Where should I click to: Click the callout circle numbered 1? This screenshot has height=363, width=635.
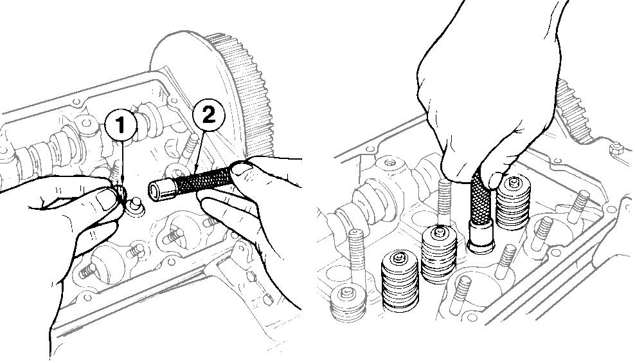[121, 126]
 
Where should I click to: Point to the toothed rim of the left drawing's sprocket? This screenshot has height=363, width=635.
[243, 93]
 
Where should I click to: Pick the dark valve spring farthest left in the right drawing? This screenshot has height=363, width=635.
[400, 281]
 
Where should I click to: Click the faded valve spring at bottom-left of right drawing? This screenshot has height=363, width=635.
[348, 302]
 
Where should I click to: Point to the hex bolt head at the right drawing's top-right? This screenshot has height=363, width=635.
[616, 148]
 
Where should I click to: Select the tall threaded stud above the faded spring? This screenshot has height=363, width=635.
[356, 257]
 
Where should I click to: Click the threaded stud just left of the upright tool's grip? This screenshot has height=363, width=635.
[444, 202]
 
